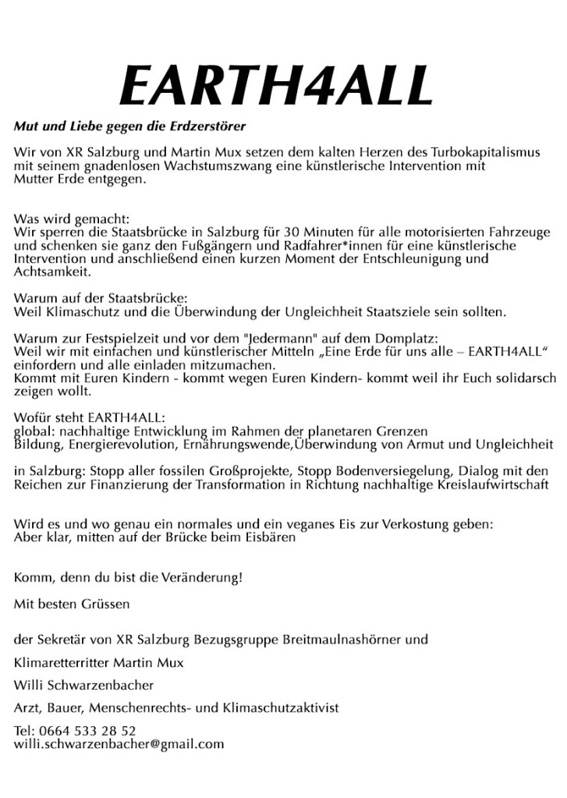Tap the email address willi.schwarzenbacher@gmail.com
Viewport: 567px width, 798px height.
point(119,744)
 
